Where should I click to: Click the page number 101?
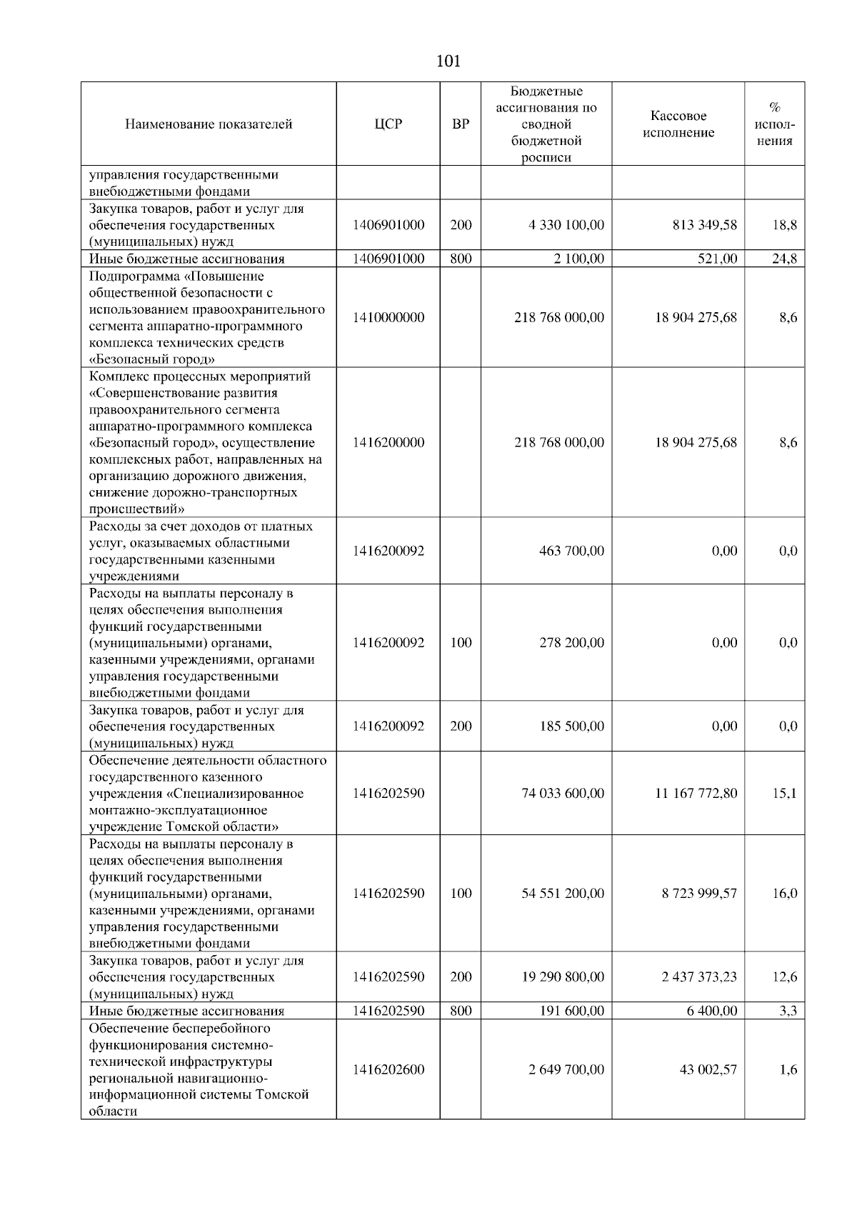tap(448, 61)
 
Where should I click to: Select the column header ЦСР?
tap(388, 124)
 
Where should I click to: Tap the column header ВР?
tap(461, 124)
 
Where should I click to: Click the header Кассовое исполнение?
tap(678, 124)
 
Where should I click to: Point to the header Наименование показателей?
tap(209, 124)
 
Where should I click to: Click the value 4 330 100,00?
tap(566, 225)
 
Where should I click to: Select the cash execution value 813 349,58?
tap(696, 225)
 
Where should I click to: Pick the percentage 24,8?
tap(784, 259)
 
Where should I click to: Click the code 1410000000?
tap(388, 317)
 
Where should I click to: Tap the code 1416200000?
tap(388, 442)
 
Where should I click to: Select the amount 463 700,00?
tap(571, 551)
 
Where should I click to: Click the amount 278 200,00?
tap(571, 642)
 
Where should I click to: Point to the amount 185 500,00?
tap(571, 726)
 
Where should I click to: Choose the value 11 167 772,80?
tap(696, 793)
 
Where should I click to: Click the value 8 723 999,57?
tap(699, 893)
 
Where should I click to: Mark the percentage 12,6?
tap(784, 977)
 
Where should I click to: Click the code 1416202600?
tap(388, 1069)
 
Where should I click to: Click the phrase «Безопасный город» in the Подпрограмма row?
tap(152, 359)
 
